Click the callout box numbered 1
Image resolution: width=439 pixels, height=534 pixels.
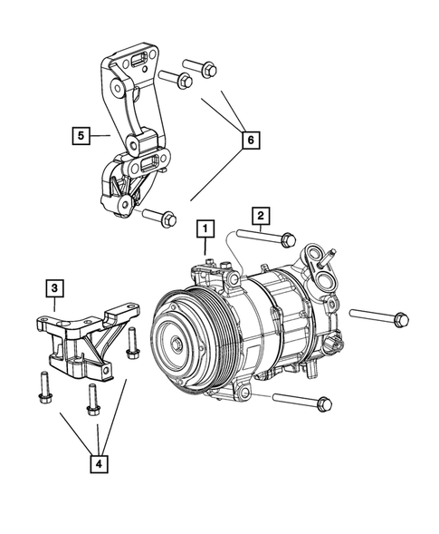point(206,228)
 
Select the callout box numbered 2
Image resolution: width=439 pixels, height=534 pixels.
point(260,215)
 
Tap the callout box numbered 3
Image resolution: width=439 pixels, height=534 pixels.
point(55,288)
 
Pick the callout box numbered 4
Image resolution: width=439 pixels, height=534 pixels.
point(100,464)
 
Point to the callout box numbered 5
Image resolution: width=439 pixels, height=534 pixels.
point(81,136)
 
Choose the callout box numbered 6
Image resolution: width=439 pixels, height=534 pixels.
point(251,140)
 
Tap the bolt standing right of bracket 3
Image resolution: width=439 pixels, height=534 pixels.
point(132,342)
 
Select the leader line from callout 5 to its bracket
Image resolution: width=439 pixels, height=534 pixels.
point(100,136)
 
